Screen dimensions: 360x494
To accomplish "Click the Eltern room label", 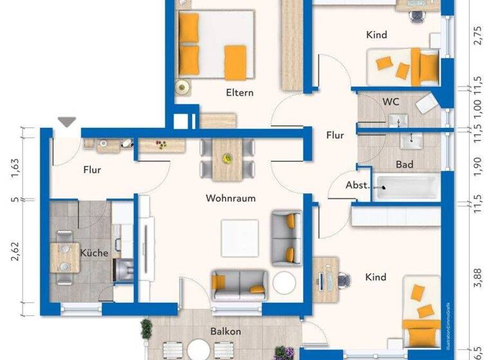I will [239, 93].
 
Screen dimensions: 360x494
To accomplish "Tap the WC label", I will [390, 102].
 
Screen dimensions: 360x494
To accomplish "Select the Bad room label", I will [405, 165].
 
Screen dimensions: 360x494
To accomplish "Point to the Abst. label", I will [358, 184].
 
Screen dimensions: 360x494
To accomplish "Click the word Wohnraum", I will [230, 198].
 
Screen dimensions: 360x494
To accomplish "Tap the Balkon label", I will [225, 332].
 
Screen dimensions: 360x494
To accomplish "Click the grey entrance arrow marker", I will [67, 122].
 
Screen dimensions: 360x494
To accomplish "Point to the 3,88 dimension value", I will [477, 279].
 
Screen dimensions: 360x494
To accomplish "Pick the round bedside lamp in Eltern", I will [182, 86].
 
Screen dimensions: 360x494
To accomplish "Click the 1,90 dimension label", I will [477, 166].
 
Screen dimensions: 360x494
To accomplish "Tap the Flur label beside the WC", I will [334, 136].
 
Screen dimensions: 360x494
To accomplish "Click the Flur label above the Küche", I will [93, 170].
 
